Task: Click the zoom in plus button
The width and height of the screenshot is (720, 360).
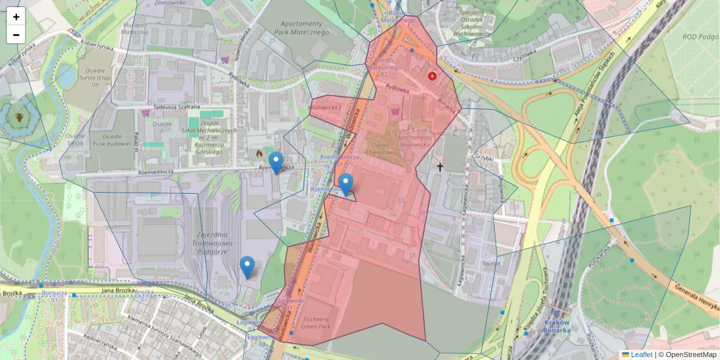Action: pyautogui.click(x=16, y=17)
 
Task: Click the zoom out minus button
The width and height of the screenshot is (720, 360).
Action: pyautogui.click(x=16, y=35)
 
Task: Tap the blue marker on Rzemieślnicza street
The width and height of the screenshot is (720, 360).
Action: pyautogui.click(x=275, y=163)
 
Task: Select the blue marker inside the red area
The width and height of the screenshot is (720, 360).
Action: pyautogui.click(x=345, y=184)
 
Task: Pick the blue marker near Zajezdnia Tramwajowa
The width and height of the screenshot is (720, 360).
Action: pyautogui.click(x=247, y=267)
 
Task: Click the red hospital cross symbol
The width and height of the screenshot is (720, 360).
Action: pyautogui.click(x=432, y=76)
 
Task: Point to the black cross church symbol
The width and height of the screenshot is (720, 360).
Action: pyautogui.click(x=440, y=167)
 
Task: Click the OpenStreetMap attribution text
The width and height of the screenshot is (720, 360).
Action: pyautogui.click(x=687, y=355)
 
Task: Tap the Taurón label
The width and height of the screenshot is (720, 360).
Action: pyautogui.click(x=490, y=263)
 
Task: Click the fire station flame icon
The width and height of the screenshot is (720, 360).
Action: pyautogui.click(x=259, y=154)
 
